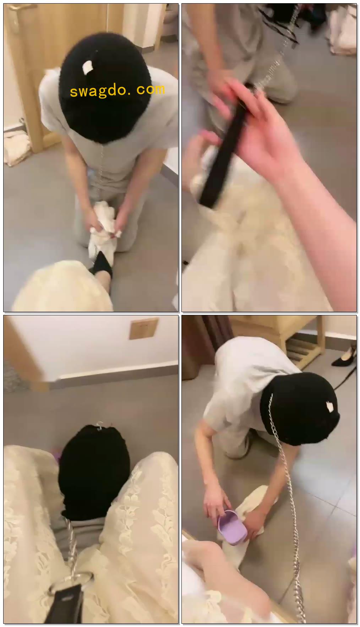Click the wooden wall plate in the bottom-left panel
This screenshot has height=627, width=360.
pyautogui.click(x=143, y=329)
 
